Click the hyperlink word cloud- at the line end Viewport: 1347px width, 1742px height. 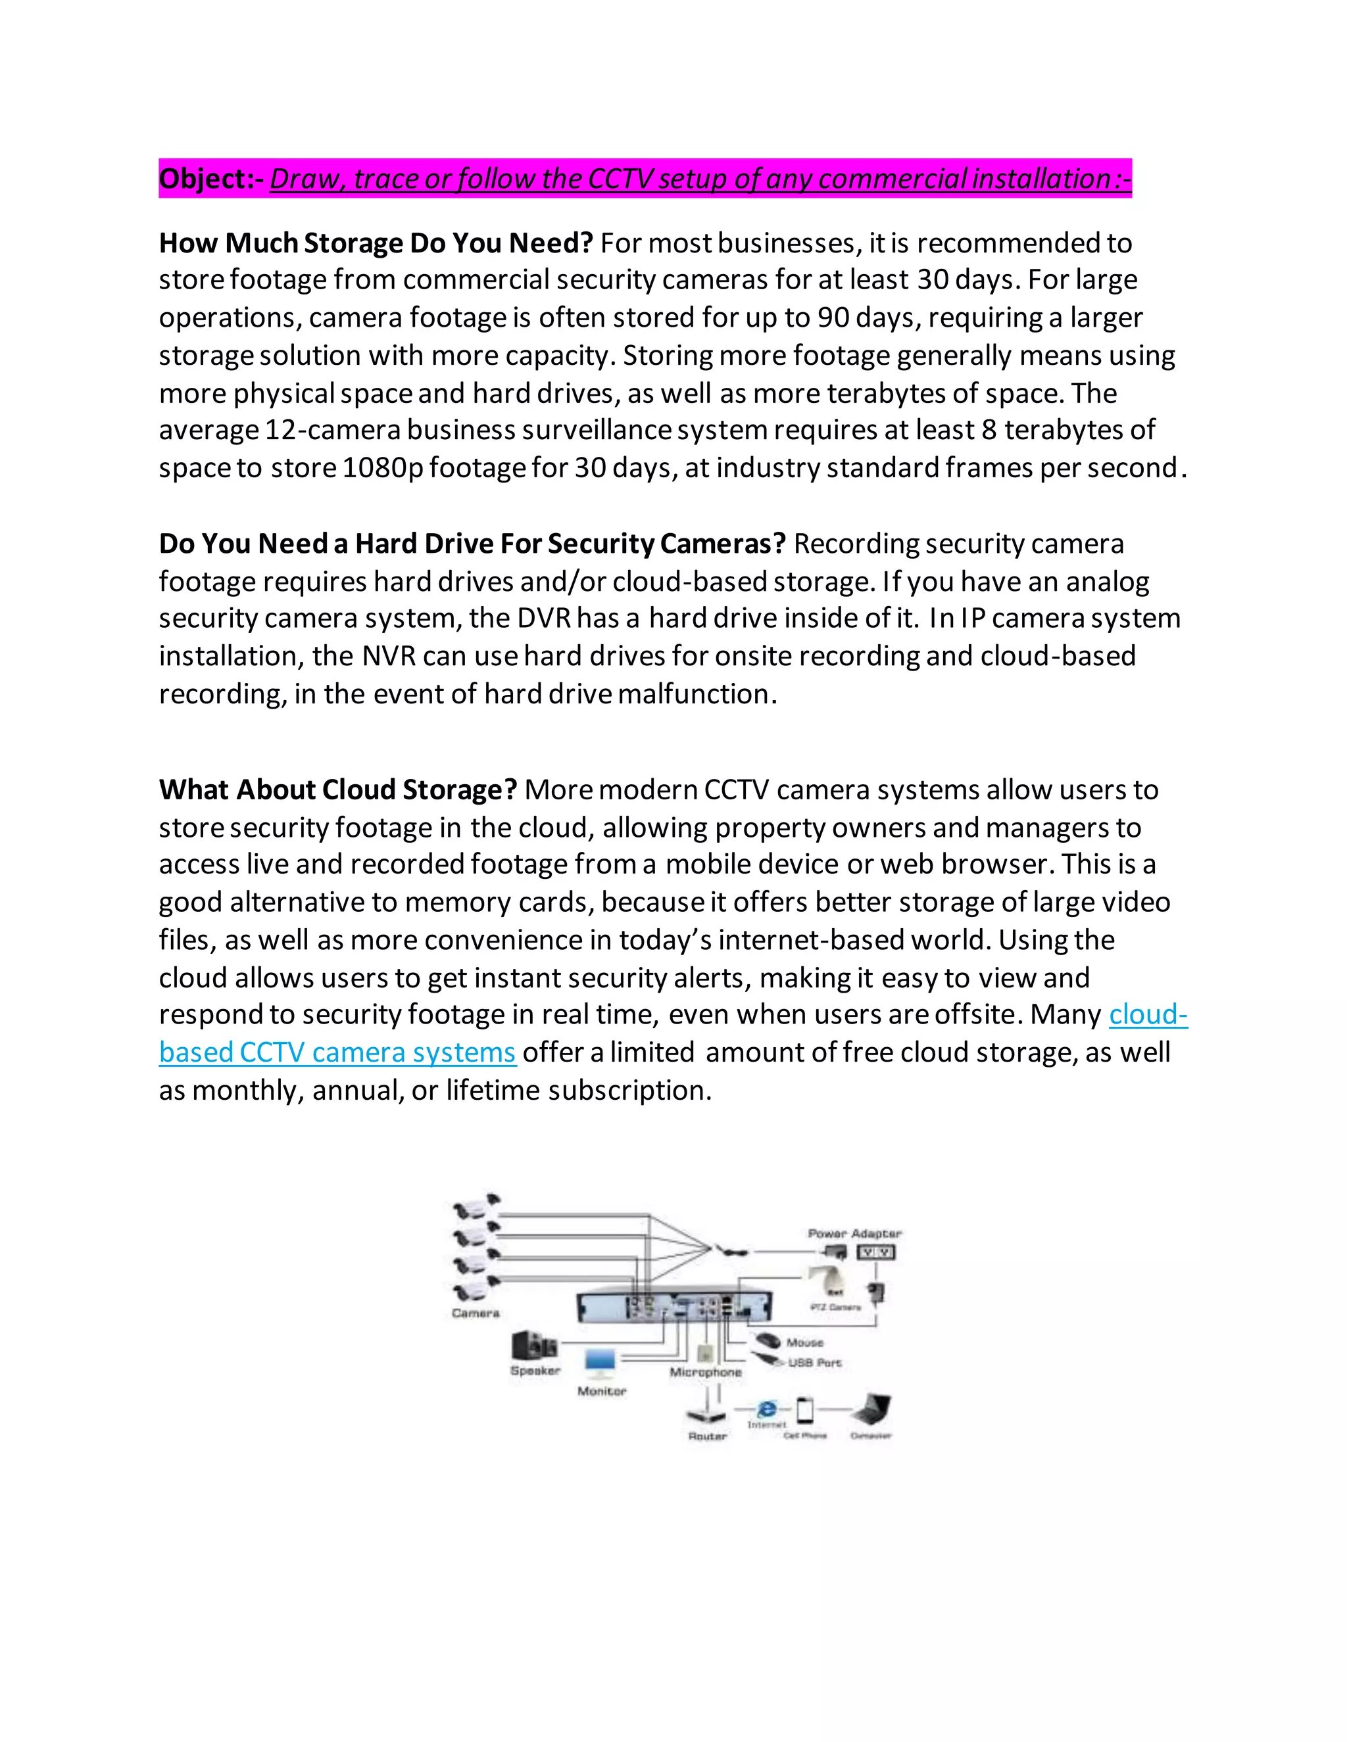coord(1148,1014)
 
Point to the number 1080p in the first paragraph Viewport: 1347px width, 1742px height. coord(383,467)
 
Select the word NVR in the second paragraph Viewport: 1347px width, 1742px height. coord(389,655)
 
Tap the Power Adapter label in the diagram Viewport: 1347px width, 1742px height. coord(854,1233)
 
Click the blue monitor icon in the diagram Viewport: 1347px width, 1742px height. coord(600,1362)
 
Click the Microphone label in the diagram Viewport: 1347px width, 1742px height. coord(706,1372)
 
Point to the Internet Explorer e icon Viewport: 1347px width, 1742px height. coord(767,1409)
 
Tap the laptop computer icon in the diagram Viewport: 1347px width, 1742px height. coord(871,1410)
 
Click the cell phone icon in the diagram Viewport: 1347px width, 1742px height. coord(805,1410)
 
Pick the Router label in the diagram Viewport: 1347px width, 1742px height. coord(708,1436)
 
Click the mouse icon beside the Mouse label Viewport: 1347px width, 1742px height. coord(768,1340)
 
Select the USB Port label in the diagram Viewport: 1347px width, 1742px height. coord(814,1362)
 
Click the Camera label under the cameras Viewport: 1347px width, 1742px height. coord(476,1313)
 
